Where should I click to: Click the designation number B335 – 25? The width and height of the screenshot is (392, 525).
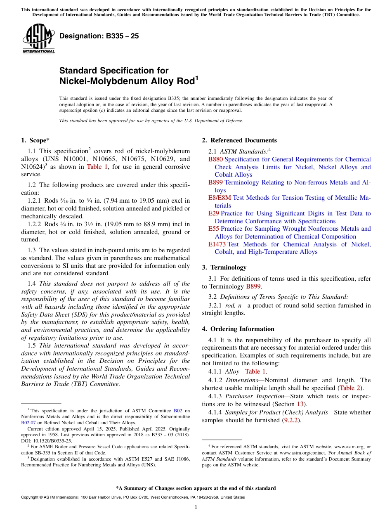[99, 36]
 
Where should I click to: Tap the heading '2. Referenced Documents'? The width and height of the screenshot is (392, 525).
[239, 140]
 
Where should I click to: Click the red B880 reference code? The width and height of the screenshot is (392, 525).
[215, 159]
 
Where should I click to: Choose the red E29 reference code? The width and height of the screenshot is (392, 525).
[213, 213]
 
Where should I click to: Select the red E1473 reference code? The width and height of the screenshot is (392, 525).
[217, 244]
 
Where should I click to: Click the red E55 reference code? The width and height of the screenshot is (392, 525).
[213, 229]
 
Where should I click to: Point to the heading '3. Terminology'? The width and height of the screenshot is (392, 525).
[224, 267]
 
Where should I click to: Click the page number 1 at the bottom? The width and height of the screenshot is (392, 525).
[196, 507]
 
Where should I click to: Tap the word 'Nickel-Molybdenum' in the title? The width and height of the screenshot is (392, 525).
[95, 81]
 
